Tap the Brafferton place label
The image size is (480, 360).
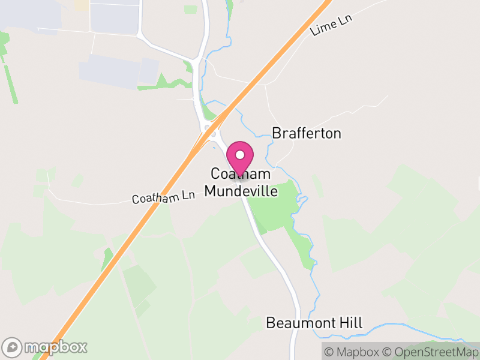[307, 133]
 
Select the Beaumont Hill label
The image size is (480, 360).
[314, 323]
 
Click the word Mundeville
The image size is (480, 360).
[241, 191]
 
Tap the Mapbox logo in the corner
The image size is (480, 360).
[45, 347]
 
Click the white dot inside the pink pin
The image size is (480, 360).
[240, 155]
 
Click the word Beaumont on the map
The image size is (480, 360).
[299, 323]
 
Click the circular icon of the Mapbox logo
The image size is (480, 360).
[12, 347]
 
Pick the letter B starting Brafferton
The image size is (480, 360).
[277, 133]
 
